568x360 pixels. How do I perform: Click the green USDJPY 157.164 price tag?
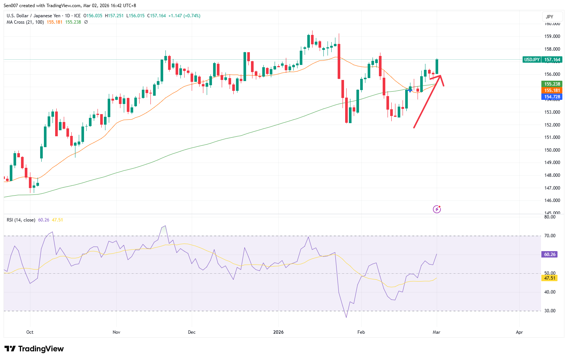point(542,60)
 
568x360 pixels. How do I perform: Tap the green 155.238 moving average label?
point(552,84)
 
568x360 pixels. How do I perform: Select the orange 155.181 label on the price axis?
point(552,90)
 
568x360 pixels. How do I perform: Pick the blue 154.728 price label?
point(552,97)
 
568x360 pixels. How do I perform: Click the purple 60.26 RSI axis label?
point(550,255)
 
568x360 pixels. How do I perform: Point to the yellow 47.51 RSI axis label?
point(550,278)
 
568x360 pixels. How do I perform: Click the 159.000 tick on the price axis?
point(552,36)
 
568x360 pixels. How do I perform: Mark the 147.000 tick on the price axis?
point(552,188)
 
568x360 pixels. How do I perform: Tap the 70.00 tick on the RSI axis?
point(550,236)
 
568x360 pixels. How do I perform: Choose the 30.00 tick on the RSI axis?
point(550,311)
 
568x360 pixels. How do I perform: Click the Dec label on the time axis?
point(192,332)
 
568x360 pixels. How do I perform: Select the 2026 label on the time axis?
point(278,332)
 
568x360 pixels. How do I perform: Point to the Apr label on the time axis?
point(519,332)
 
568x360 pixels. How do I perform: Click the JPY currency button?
point(550,17)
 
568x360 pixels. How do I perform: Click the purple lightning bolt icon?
point(437,209)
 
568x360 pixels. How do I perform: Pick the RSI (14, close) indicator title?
point(21,220)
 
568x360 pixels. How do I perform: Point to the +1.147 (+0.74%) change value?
point(184,16)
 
